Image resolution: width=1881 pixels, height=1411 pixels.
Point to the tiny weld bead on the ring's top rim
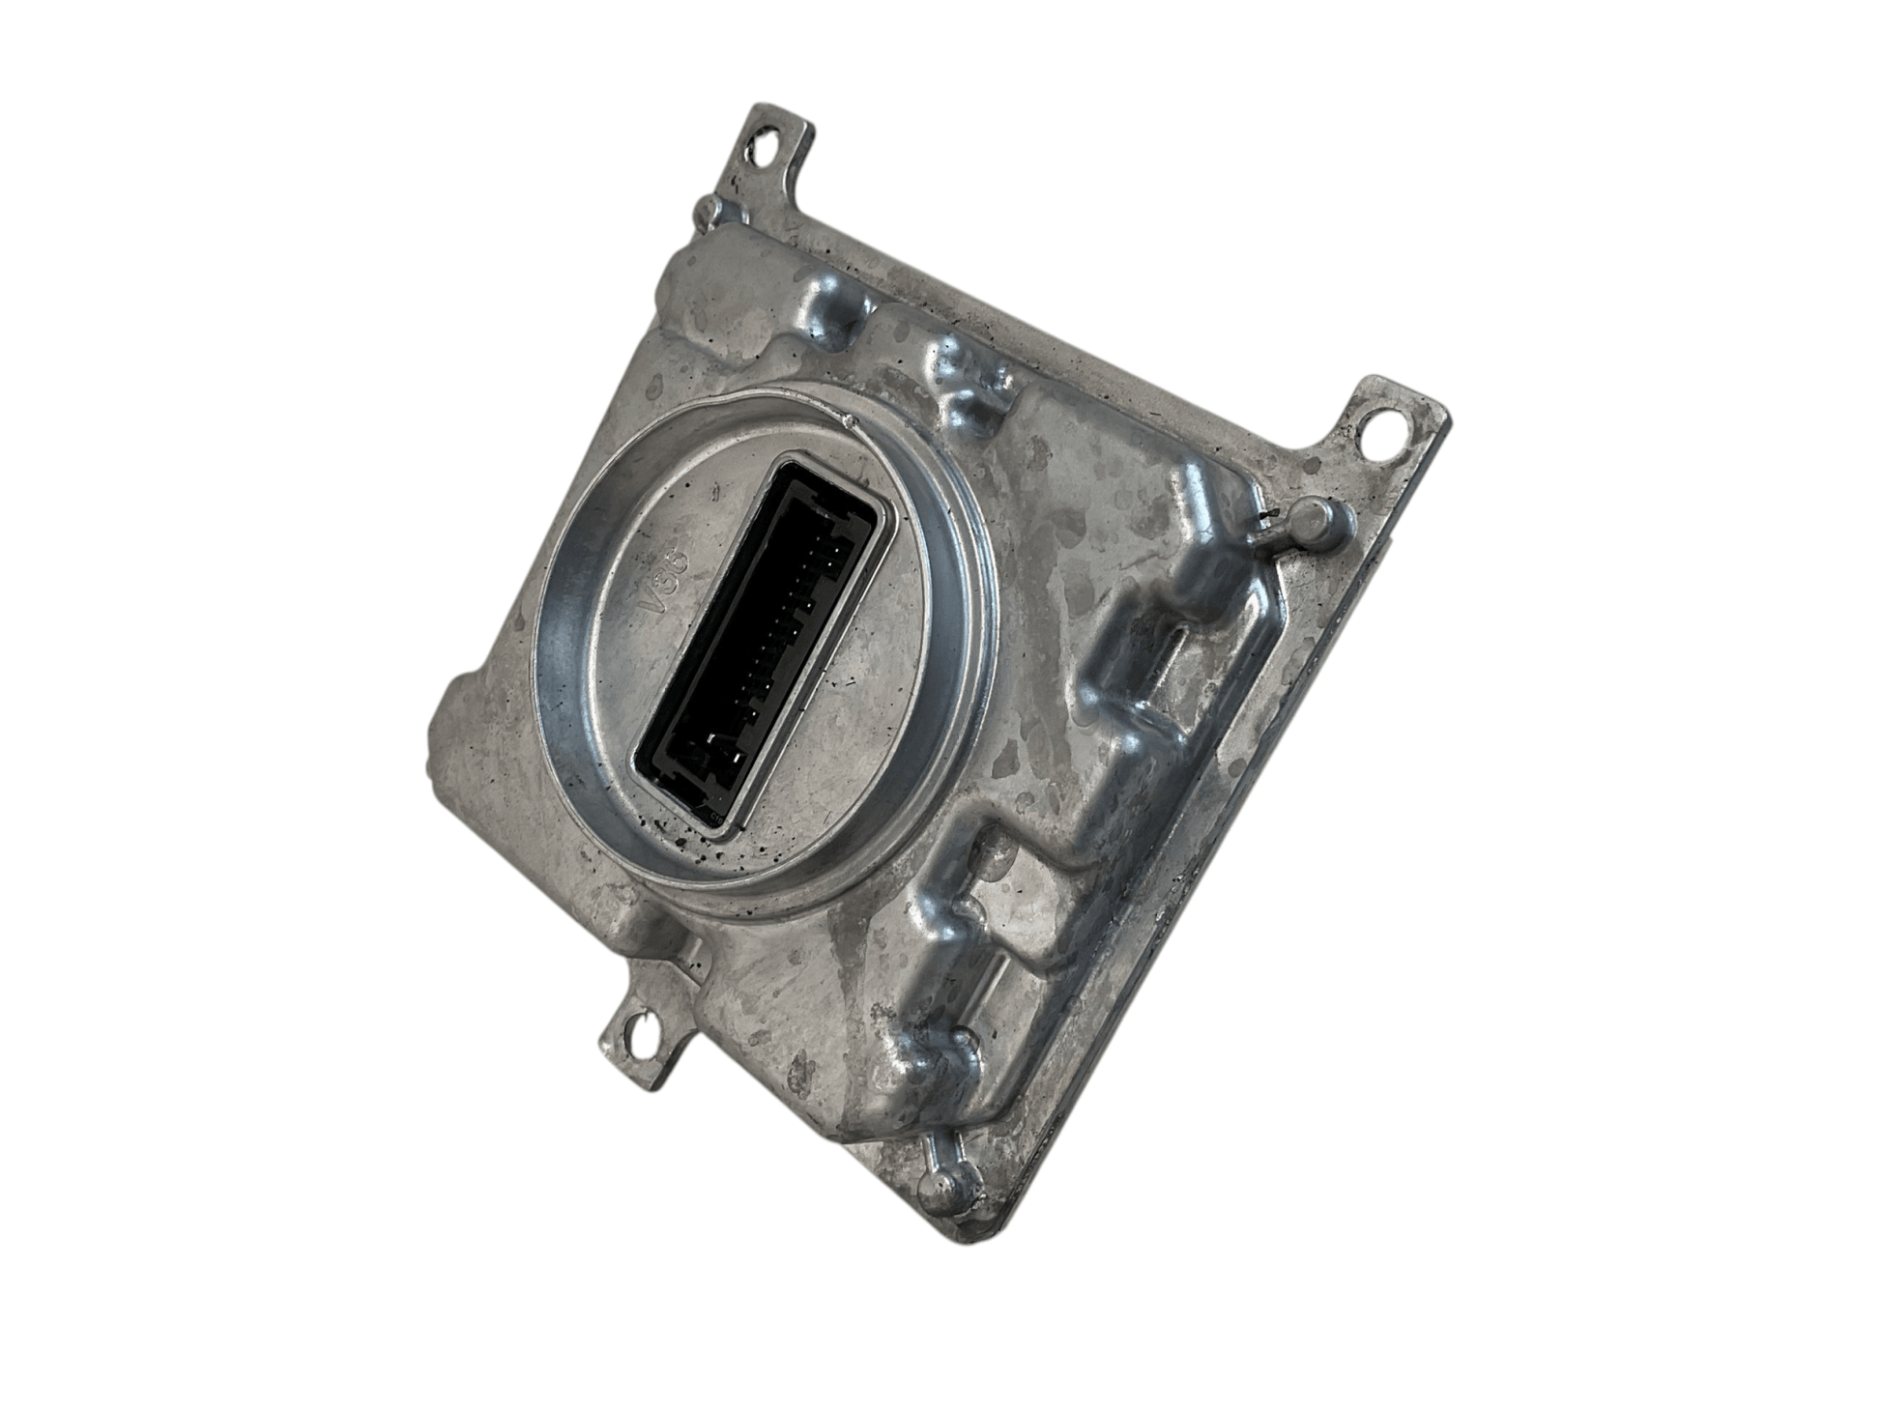coord(850,421)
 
